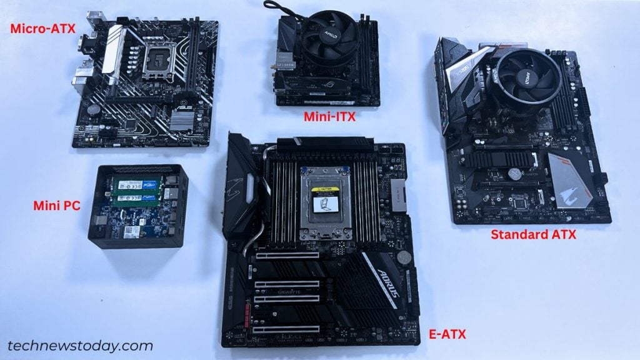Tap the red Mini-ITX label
(332, 116)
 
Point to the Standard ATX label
(533, 235)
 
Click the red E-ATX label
(447, 334)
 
